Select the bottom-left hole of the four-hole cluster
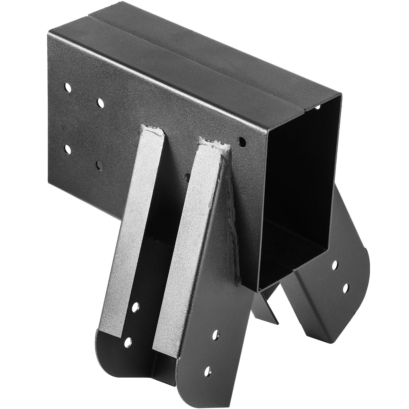click(67, 149)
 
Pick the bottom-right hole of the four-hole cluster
click(99, 165)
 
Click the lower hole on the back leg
click(346, 288)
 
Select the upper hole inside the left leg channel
click(136, 306)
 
